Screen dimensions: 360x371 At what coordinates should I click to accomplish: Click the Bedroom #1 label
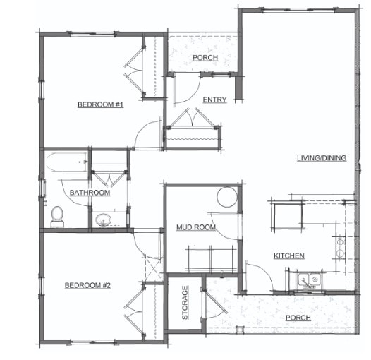(101, 105)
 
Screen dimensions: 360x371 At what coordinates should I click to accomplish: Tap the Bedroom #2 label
(88, 285)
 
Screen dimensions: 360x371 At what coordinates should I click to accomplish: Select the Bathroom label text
(90, 193)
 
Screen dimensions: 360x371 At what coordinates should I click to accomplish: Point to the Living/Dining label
(321, 158)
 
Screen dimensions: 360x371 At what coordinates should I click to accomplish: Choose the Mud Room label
(195, 227)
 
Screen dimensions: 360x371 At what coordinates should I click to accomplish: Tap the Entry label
(214, 100)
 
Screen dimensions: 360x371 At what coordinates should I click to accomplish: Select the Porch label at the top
(205, 58)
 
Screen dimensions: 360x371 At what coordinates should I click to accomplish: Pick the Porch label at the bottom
(298, 318)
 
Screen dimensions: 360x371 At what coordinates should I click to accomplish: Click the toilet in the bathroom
(56, 215)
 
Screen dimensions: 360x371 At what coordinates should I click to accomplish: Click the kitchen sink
(308, 281)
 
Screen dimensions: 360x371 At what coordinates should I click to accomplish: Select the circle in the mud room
(226, 197)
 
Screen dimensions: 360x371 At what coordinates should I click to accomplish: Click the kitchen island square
(288, 216)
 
